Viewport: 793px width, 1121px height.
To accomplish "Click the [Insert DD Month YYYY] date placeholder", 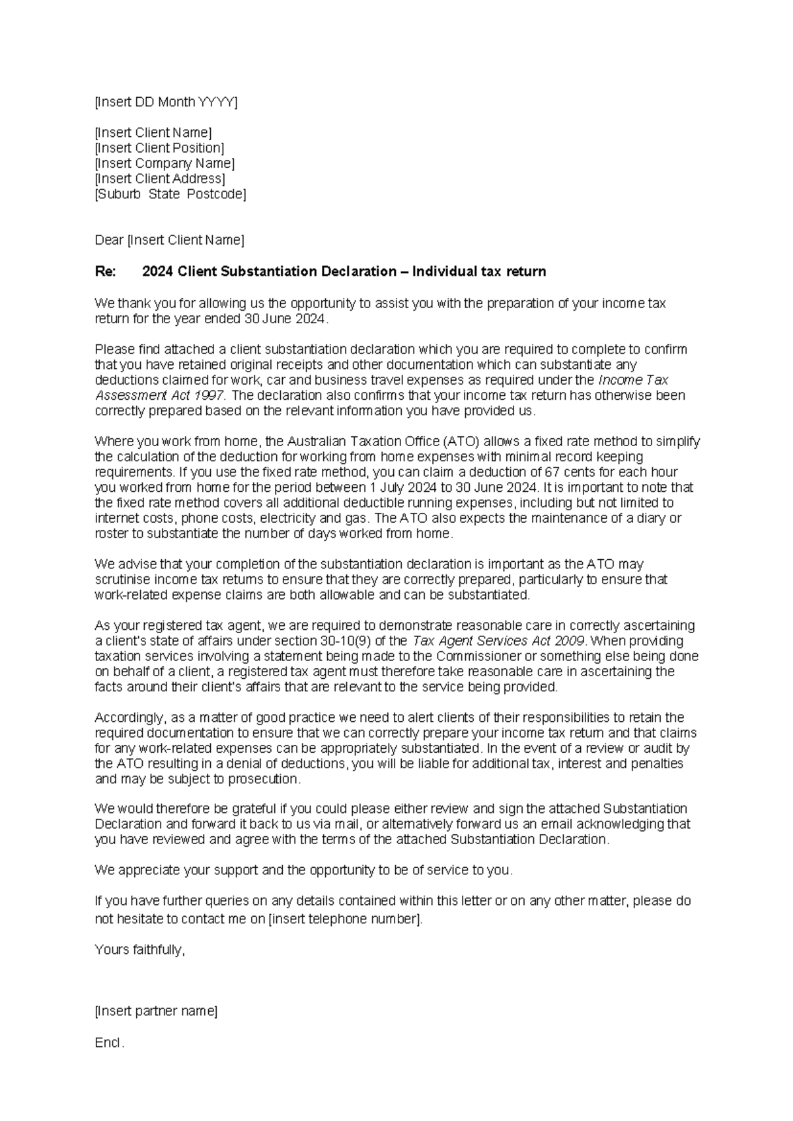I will click(166, 102).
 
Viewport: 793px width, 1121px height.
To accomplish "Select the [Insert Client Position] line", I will click(159, 147).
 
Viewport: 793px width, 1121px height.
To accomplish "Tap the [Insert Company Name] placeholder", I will click(165, 163).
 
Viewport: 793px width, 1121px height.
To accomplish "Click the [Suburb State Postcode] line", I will click(170, 194).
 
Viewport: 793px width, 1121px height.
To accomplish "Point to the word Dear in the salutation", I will click(109, 240).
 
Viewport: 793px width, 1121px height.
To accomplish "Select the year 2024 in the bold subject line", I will click(157, 272).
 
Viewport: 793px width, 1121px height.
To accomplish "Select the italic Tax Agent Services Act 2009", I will click(498, 640).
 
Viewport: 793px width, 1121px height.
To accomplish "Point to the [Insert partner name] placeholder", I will click(156, 1011).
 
